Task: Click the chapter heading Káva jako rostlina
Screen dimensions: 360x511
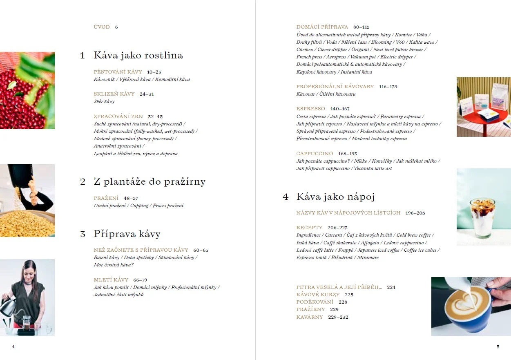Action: (138, 56)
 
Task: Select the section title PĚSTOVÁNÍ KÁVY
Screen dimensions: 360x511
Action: (118, 72)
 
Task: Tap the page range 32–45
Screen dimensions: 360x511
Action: (155, 116)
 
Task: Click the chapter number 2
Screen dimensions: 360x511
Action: (83, 182)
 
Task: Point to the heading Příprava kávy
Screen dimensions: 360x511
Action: (127, 234)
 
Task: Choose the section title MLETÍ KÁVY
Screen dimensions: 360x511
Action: (111, 280)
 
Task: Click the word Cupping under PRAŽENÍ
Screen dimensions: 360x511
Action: (139, 206)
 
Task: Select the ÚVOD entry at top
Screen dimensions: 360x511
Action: (102, 27)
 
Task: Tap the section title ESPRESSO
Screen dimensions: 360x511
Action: (310, 109)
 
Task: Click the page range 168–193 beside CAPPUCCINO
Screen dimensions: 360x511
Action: (347, 154)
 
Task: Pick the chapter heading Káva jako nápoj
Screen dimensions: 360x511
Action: (335, 197)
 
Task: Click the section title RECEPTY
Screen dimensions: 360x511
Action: (309, 228)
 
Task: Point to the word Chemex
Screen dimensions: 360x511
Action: (305, 49)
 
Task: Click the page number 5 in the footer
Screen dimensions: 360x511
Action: (498, 347)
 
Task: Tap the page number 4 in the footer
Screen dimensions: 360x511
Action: (13, 347)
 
